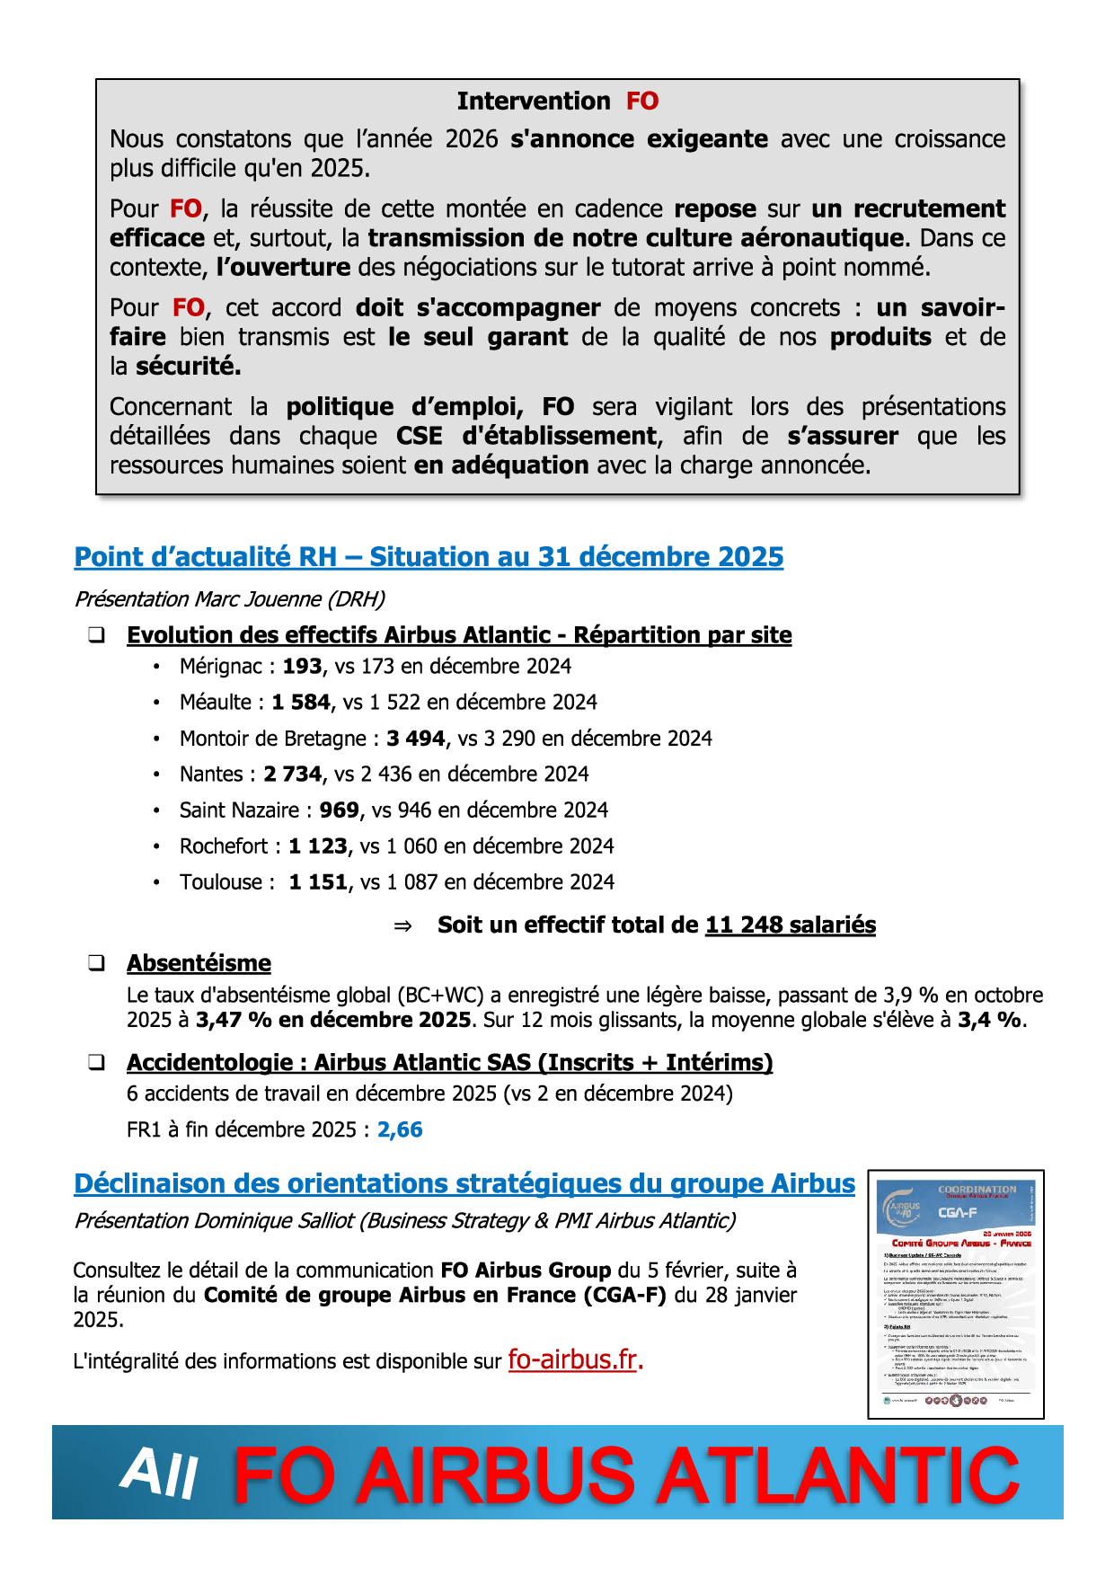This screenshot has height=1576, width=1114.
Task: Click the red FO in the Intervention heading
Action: [642, 101]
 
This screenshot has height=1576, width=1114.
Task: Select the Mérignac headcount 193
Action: [302, 666]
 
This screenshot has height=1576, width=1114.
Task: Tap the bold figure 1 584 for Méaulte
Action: [301, 702]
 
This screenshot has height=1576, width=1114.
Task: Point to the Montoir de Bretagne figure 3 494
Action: [416, 738]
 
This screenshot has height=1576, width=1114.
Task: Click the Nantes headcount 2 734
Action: [293, 774]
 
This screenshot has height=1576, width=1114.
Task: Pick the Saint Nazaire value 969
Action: [339, 810]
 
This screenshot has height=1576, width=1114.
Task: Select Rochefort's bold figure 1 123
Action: [318, 846]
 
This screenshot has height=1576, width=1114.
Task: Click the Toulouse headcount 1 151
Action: [318, 881]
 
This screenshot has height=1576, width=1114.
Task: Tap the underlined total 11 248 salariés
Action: [791, 925]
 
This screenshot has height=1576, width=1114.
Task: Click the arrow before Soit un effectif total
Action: [403, 925]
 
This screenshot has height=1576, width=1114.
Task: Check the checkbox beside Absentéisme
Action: [96, 963]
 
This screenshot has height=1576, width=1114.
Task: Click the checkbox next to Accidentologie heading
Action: [96, 1062]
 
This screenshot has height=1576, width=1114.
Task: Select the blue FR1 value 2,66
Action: [400, 1129]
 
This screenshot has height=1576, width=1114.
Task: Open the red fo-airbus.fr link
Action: [573, 1359]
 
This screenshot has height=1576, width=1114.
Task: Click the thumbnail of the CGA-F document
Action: [956, 1294]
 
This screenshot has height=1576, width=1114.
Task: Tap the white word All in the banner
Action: [159, 1474]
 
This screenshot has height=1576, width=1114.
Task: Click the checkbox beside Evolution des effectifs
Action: [96, 635]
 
